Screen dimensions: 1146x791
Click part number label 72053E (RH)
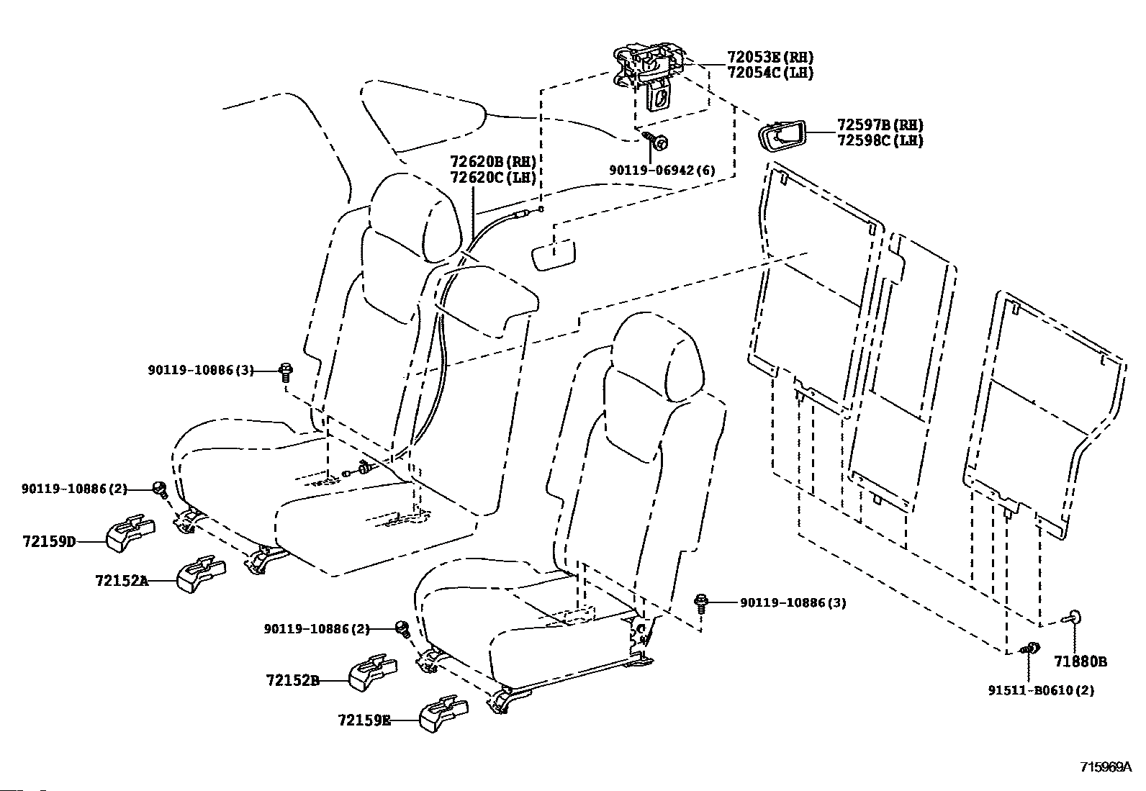[770, 57]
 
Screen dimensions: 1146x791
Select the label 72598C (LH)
[880, 140]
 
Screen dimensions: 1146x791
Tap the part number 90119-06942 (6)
[662, 170]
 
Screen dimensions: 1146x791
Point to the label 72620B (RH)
[492, 162]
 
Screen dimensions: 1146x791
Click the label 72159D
[49, 541]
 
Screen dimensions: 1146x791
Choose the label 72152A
[122, 581]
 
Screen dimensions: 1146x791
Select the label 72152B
[293, 680]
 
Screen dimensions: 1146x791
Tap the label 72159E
[364, 720]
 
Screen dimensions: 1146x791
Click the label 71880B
[1080, 662]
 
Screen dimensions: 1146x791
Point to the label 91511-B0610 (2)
[1041, 691]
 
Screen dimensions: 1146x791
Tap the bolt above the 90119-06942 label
[655, 140]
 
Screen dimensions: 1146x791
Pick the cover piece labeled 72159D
[130, 533]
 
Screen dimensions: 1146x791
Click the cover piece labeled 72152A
[201, 574]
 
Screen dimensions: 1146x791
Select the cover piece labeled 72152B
[373, 672]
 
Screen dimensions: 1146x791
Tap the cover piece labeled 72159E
[443, 713]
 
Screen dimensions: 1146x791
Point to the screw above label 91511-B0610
[1029, 648]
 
